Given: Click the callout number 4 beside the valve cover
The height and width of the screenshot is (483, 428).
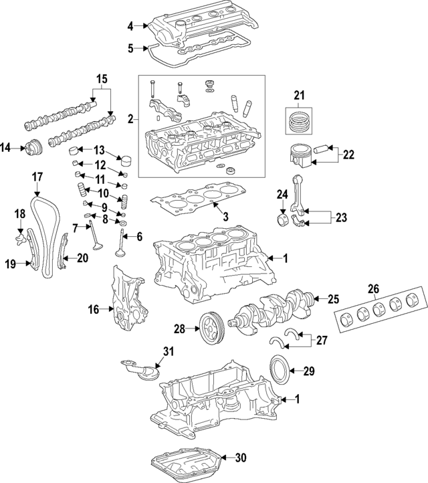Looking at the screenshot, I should (x=130, y=26).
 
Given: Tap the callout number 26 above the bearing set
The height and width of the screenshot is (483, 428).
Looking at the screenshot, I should (x=373, y=289).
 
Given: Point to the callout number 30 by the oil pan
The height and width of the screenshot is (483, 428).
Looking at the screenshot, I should (x=241, y=458).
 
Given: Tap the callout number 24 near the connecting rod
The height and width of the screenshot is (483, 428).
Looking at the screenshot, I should (x=282, y=195).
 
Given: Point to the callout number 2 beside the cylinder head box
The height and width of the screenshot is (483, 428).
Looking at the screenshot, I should (x=130, y=120).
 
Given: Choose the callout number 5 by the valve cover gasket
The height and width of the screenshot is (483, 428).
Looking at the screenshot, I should (x=130, y=47).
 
